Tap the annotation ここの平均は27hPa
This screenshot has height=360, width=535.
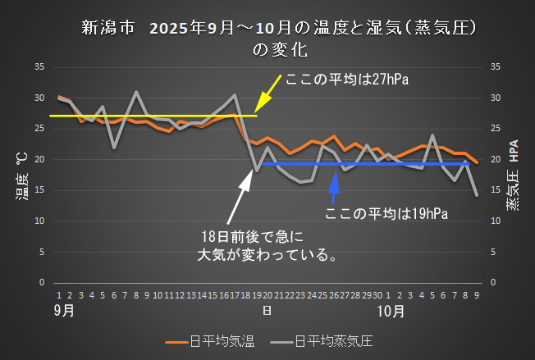pyautogui.click(x=346, y=80)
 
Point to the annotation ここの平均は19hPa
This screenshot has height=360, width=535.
pyautogui.click(x=386, y=214)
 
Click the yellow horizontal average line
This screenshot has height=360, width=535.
pyautogui.click(x=148, y=116)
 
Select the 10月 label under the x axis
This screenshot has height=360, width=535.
pyautogui.click(x=392, y=312)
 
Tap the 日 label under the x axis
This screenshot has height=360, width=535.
pyautogui.click(x=267, y=312)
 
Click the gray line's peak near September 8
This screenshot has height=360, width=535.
pyautogui.click(x=136, y=92)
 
